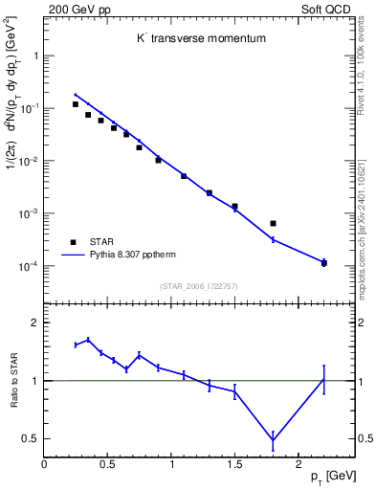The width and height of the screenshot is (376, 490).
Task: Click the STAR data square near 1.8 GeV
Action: pos(273,223)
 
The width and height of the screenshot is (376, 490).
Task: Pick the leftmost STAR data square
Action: pos(76,104)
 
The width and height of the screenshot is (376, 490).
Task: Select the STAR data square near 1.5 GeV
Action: pos(234,206)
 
